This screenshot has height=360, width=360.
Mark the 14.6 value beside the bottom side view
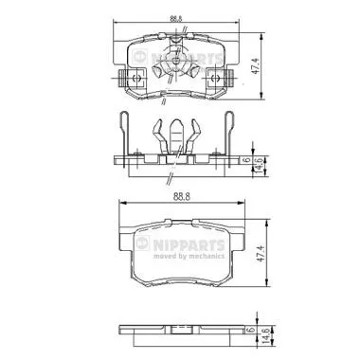[x=257, y=334]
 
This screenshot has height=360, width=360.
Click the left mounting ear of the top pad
[x=119, y=79]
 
